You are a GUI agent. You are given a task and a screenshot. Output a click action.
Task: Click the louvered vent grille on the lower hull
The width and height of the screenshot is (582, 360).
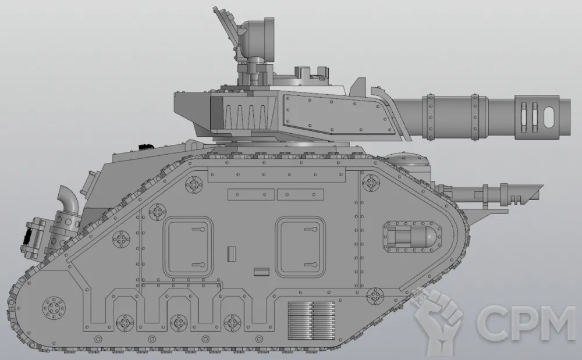click(x=312, y=320)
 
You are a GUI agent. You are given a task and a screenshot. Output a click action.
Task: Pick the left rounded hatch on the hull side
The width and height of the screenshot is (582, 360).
click(x=189, y=247)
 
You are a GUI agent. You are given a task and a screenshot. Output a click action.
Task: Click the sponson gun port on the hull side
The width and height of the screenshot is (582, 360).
click(x=412, y=237)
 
